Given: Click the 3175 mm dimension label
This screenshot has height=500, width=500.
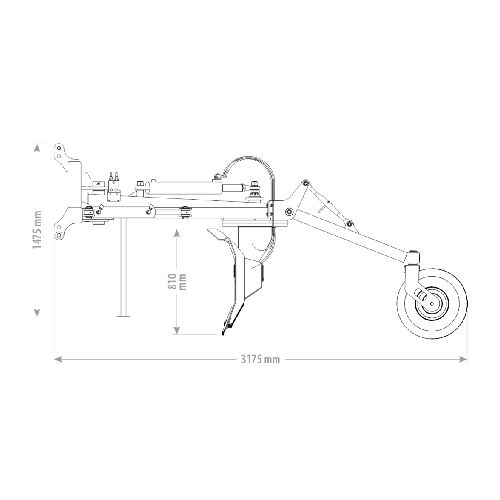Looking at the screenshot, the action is [260, 359].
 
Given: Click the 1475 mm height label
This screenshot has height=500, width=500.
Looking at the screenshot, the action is [37, 230].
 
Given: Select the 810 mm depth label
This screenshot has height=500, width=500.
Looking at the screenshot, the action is [177, 282].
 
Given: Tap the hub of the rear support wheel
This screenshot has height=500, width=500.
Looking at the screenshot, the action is [432, 303].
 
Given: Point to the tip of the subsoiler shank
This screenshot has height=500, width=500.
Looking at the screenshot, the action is [223, 334].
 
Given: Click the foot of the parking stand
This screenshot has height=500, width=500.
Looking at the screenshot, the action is [123, 315].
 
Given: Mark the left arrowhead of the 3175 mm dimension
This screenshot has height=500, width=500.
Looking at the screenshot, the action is [58, 359].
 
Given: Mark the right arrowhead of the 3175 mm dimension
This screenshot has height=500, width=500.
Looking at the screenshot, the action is [463, 359].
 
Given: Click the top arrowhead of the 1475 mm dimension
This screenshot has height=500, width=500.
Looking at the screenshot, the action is [37, 149].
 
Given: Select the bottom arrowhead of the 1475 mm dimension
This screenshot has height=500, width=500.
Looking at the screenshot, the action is [37, 312].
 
